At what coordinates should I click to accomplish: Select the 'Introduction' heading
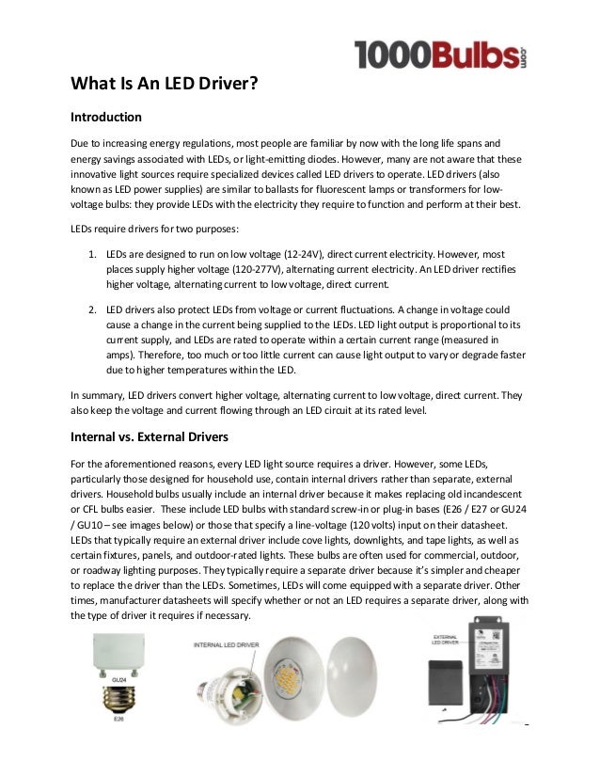pos(106,119)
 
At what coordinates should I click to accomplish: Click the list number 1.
pos(92,255)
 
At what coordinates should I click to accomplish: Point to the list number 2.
pos(92,309)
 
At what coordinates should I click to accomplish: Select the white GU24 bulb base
pos(118,653)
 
